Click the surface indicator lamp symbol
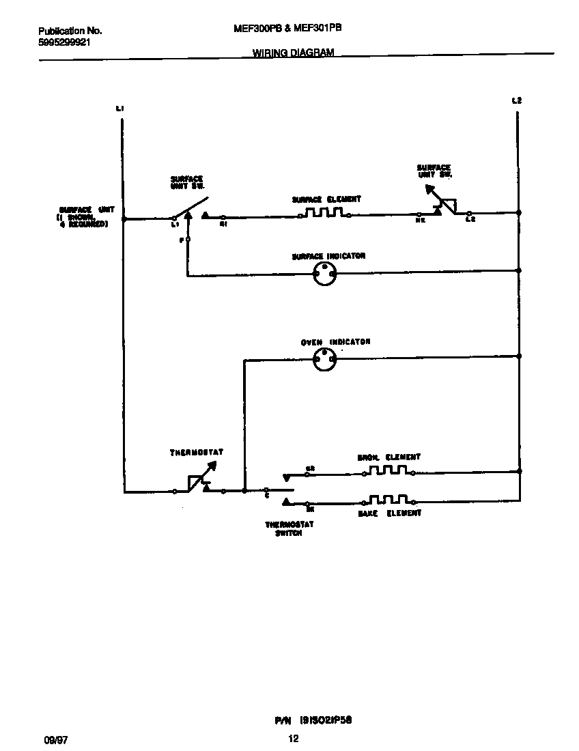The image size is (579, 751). pos(324,274)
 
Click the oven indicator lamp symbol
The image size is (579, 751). pos(324,360)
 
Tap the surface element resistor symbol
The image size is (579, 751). pos(324,214)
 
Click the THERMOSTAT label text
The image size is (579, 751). pos(197,452)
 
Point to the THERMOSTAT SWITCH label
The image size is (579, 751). pos(284,528)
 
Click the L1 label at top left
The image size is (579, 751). pos(119,108)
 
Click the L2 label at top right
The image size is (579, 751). pos(517,101)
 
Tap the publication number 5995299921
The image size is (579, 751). pos(64,42)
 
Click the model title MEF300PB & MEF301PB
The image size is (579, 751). pos(287,29)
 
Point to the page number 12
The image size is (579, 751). pos(294,738)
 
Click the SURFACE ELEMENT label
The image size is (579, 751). pos(326,199)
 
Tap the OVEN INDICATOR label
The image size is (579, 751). pos(336,341)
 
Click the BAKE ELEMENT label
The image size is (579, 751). pos(390,513)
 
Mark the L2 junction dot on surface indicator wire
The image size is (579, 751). pos(519,270)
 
